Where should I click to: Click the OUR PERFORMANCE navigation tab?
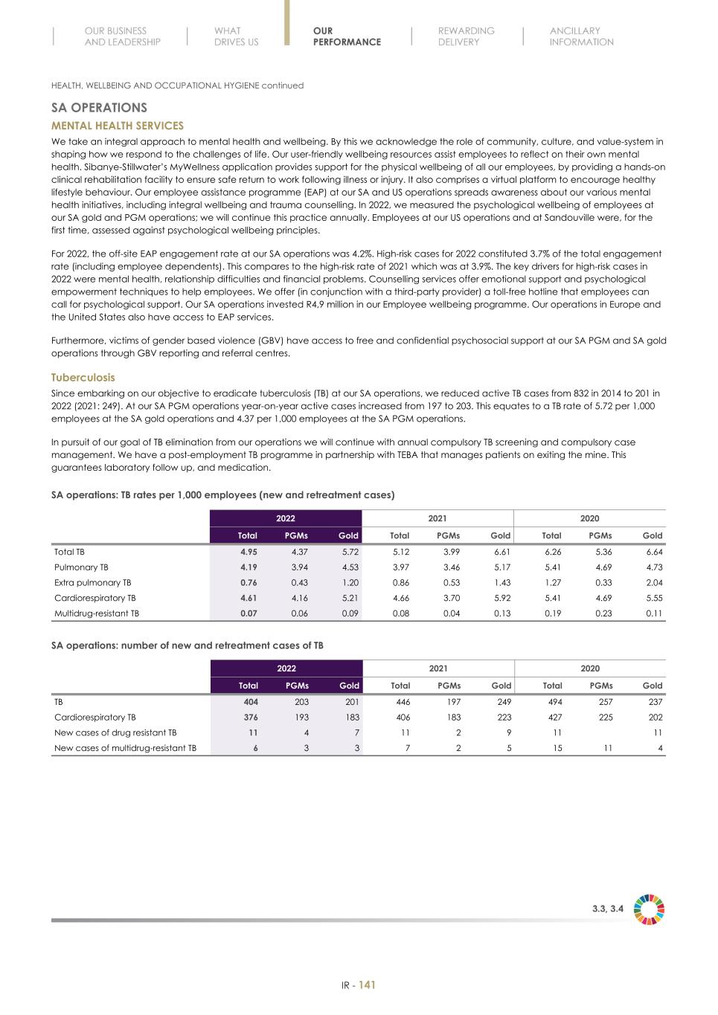click(347, 36)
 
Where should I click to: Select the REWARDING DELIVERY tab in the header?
click(466, 36)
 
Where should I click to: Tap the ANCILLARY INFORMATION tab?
click(581, 36)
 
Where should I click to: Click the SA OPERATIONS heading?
click(99, 108)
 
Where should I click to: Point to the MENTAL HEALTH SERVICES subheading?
click(117, 126)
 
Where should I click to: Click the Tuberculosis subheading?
click(83, 378)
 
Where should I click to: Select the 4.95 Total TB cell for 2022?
click(249, 552)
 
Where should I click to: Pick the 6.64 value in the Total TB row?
click(654, 552)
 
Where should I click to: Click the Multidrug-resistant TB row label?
click(97, 613)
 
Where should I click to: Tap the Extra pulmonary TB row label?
click(92, 583)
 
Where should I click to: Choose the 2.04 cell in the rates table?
click(654, 583)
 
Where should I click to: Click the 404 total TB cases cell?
click(251, 702)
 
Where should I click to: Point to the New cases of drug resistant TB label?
click(115, 732)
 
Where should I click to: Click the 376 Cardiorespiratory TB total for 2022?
click(251, 718)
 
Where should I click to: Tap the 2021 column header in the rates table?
click(437, 519)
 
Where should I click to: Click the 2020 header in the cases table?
click(590, 668)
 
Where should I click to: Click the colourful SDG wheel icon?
click(649, 909)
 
